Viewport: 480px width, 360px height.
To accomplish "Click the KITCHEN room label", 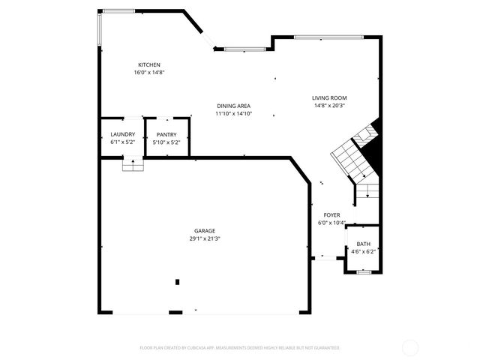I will [x=148, y=65].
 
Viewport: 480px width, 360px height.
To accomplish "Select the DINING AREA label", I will [x=233, y=106].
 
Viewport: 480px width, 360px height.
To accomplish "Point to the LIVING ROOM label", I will [x=329, y=98].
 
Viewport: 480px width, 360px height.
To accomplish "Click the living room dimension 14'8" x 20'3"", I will [x=329, y=106].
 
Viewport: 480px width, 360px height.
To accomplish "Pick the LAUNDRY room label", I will [x=122, y=134].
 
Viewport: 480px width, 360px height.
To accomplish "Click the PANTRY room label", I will [x=166, y=134].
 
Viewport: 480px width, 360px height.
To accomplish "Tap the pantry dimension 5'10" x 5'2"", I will [x=166, y=142].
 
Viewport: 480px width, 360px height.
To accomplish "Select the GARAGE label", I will [x=204, y=231].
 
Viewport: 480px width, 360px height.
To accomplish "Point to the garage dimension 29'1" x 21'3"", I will [x=204, y=238].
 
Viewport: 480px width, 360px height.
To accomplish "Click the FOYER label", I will [x=331, y=214].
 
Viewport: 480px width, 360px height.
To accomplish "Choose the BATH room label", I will [x=363, y=244].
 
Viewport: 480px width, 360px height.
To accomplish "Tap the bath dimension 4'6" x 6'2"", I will [x=363, y=251].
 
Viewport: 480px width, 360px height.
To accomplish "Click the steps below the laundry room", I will [x=133, y=164].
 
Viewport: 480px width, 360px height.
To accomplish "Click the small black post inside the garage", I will [x=178, y=282].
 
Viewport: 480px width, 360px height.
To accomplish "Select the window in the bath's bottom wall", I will [x=363, y=272].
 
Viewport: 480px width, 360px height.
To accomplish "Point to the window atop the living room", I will [x=328, y=37].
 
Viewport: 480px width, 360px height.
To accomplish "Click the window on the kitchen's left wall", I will [x=100, y=31].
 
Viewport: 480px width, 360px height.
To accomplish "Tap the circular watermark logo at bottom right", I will [x=410, y=347].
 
